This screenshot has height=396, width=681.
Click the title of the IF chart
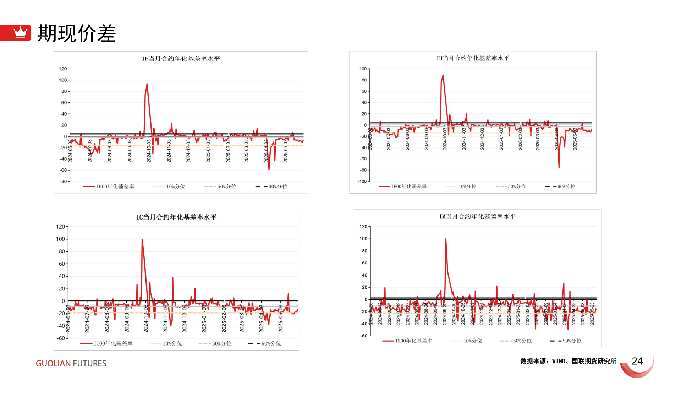point(181,59)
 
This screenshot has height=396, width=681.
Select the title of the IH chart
point(473,58)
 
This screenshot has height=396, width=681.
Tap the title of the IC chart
point(176,217)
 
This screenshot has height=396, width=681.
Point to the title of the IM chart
point(477,216)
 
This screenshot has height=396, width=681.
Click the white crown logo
point(20,33)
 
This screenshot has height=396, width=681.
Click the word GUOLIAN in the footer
point(53,363)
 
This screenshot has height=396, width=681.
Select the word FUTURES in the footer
point(89,363)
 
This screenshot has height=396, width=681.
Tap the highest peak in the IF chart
point(147,84)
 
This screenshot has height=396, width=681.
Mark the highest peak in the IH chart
point(443,75)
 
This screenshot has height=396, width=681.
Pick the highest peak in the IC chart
point(142,239)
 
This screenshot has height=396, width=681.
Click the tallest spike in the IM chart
point(446,239)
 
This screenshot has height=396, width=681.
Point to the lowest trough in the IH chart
point(559,167)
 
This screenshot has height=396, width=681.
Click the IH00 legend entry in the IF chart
point(109,187)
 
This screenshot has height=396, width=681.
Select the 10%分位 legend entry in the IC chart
point(166,343)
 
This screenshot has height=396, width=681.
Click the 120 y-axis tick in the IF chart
point(63,69)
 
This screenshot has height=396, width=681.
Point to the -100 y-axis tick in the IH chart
point(362,181)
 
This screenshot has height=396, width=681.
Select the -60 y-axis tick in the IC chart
point(61,338)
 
